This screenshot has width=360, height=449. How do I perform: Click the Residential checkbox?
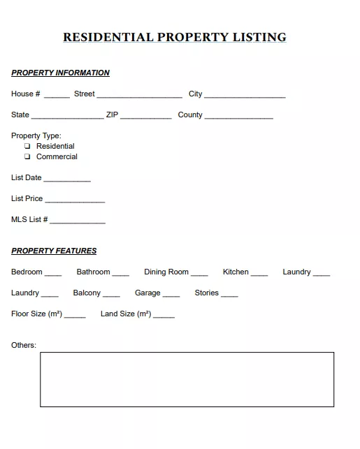tap(27, 146)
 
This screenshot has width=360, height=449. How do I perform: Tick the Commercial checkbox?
tap(27, 156)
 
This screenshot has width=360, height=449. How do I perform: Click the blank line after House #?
tap(57, 95)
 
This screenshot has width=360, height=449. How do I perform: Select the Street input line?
tap(139, 95)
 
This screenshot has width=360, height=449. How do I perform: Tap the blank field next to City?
tap(245, 95)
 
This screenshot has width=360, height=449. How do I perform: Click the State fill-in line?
tap(67, 116)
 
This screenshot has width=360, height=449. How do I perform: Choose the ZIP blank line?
tap(146, 116)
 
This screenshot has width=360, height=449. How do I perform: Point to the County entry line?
tap(239, 116)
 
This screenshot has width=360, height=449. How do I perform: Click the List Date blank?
tap(67, 179)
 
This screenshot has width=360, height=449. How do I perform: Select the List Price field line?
tap(75, 200)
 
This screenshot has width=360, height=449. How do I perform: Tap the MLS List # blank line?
tap(78, 221)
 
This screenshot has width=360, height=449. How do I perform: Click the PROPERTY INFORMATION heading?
tap(60, 73)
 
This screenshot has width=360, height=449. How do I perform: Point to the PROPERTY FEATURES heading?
tap(54, 251)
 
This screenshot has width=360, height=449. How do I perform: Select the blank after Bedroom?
tap(53, 273)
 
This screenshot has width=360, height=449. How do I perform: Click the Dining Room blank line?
tap(199, 273)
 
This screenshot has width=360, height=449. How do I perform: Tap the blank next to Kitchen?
tap(259, 273)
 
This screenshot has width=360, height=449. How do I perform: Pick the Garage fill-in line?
tap(171, 294)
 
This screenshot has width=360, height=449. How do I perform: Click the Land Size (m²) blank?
tap(164, 315)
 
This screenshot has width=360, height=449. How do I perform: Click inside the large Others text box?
tap(187, 379)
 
